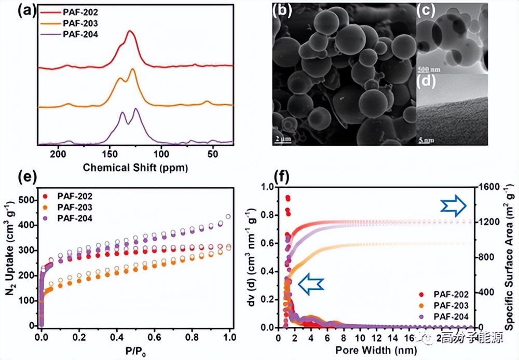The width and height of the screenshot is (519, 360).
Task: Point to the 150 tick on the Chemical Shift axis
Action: tap(110, 154)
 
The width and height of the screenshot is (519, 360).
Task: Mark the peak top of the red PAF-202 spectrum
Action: tap(130, 32)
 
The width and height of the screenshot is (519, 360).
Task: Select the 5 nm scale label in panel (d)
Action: tap(426, 140)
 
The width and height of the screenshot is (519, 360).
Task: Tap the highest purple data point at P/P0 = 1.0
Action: tap(228, 216)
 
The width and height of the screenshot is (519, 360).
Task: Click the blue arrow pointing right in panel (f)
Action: tap(453, 206)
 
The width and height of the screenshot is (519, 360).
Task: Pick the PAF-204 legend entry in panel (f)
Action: tap(449, 316)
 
